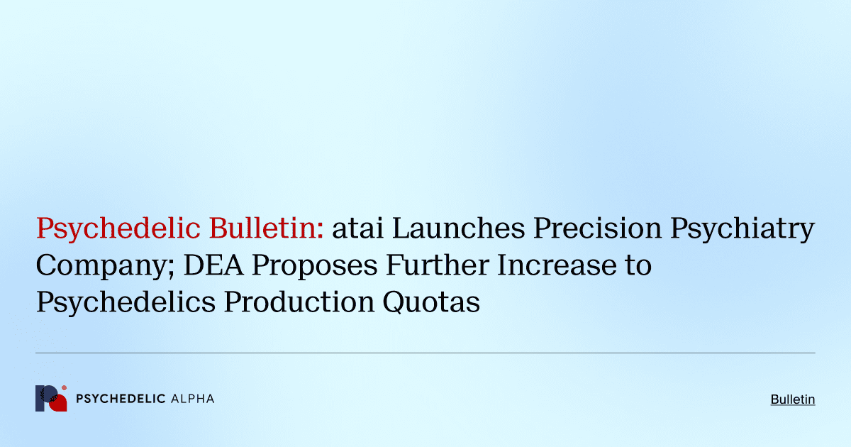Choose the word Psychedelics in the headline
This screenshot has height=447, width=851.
tap(126, 303)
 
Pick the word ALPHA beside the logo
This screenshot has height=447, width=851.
tap(192, 399)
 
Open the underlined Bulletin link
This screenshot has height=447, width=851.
tap(793, 400)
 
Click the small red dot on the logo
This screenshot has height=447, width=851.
tap(64, 388)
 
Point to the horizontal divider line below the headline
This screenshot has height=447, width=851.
tap(425, 353)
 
